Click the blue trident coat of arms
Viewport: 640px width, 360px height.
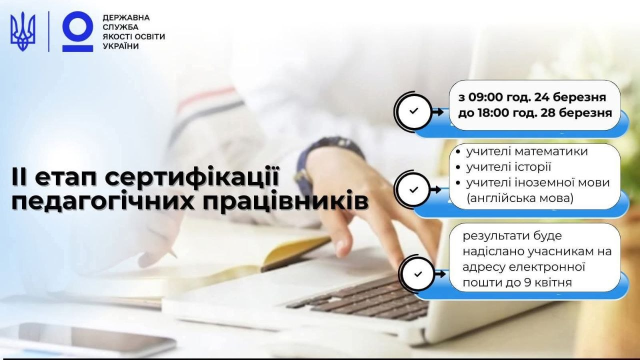pyautogui.click(x=23, y=31)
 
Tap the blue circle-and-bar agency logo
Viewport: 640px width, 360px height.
pyautogui.click(x=77, y=31)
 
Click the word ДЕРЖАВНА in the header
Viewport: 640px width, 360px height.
pyautogui.click(x=126, y=17)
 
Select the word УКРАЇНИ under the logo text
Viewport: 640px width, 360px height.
pyautogui.click(x=120, y=46)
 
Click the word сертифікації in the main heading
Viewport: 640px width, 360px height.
pyautogui.click(x=191, y=177)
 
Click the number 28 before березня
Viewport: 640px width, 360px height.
pyautogui.click(x=548, y=113)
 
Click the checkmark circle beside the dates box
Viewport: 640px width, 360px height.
pyautogui.click(x=413, y=111)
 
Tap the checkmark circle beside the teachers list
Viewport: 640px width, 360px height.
pyautogui.click(x=413, y=189)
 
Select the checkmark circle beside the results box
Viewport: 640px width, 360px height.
pyautogui.click(x=417, y=274)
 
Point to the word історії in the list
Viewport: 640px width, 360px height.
pyautogui.click(x=533, y=167)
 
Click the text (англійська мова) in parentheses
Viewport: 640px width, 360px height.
pyautogui.click(x=519, y=198)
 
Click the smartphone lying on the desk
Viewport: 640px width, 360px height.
pyautogui.click(x=85, y=338)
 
